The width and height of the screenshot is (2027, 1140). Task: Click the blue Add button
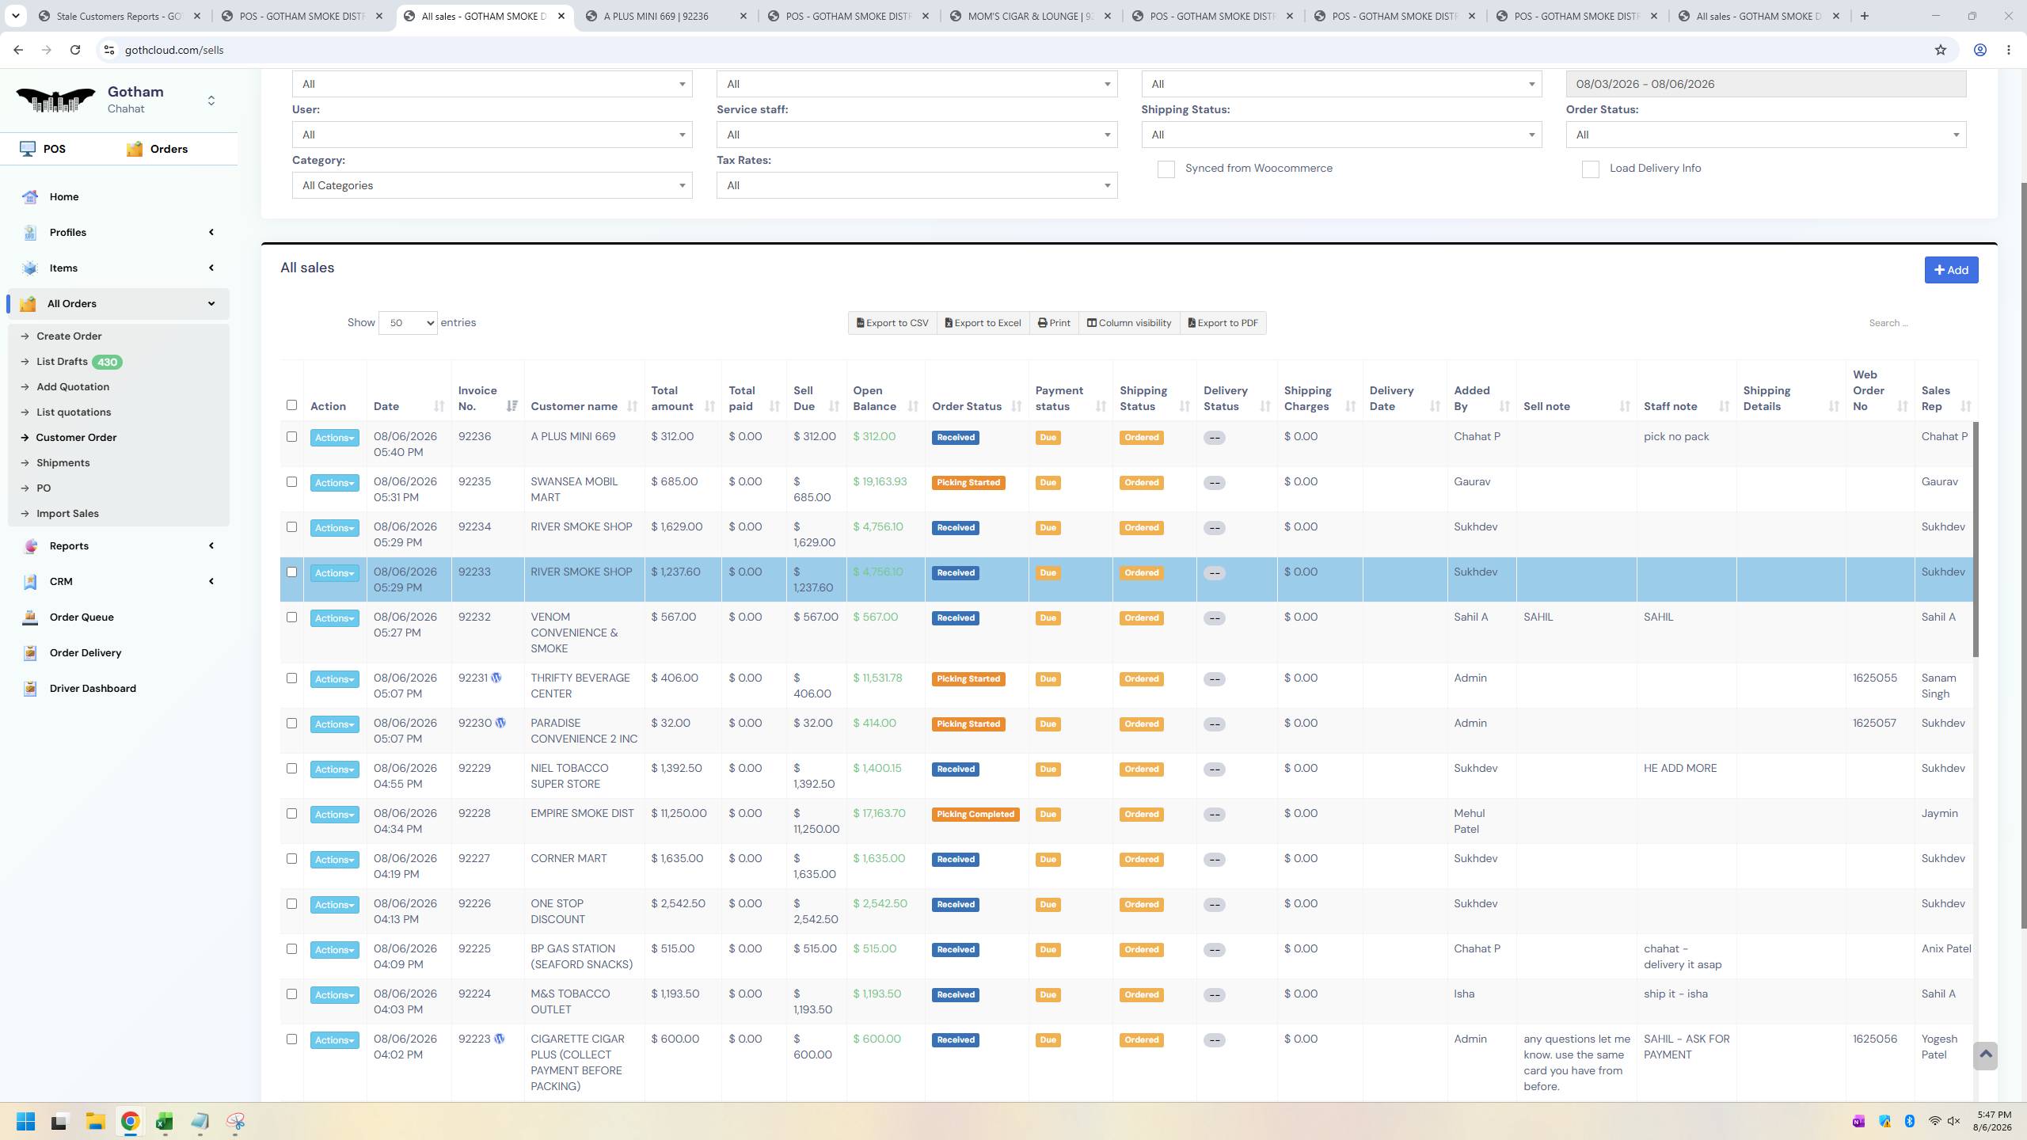pyautogui.click(x=1951, y=270)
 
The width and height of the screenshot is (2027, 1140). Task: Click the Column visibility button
pyautogui.click(x=1129, y=323)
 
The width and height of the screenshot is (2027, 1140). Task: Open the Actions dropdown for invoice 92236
pyautogui.click(x=334, y=438)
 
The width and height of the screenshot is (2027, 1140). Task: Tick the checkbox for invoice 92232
pyautogui.click(x=291, y=617)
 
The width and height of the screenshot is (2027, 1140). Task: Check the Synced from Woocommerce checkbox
pyautogui.click(x=1166, y=169)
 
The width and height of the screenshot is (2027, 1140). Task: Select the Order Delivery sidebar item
pyautogui.click(x=86, y=653)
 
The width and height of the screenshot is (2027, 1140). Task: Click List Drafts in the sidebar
pyautogui.click(x=62, y=362)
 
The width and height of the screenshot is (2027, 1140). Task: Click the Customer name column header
pyautogui.click(x=574, y=406)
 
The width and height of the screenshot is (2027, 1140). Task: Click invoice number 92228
pyautogui.click(x=474, y=814)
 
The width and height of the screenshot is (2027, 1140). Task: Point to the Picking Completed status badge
pyautogui.click(x=975, y=815)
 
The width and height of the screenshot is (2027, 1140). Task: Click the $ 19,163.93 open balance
pyautogui.click(x=880, y=482)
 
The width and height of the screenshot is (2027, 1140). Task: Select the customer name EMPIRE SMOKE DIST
pyautogui.click(x=582, y=814)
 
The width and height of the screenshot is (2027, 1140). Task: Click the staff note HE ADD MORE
pyautogui.click(x=1680, y=769)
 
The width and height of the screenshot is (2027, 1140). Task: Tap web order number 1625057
pyautogui.click(x=1874, y=724)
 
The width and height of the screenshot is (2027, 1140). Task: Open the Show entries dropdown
pyautogui.click(x=408, y=323)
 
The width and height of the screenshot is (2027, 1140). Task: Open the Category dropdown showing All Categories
pyautogui.click(x=492, y=186)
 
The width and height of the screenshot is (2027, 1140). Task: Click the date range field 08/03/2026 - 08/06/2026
pyautogui.click(x=1766, y=85)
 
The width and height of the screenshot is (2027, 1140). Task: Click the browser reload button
pyautogui.click(x=75, y=50)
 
